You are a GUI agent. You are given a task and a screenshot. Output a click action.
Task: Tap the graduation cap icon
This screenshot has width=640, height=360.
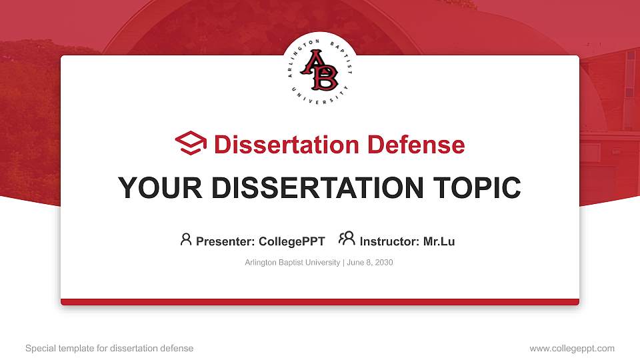(191, 143)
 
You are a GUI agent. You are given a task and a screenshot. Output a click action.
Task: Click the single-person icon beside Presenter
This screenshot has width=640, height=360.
(186, 239)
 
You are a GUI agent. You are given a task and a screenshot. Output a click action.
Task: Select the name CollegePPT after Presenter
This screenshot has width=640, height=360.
(291, 241)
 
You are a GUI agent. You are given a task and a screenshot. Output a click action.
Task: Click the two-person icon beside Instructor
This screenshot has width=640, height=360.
(347, 239)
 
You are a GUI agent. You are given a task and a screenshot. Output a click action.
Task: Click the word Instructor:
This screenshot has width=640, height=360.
(389, 241)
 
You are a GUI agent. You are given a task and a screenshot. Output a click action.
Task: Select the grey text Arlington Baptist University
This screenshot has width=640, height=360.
(293, 263)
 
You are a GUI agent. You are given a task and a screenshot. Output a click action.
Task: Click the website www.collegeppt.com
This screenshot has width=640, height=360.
(571, 348)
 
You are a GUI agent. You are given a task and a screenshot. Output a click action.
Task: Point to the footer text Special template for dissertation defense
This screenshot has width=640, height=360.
(109, 348)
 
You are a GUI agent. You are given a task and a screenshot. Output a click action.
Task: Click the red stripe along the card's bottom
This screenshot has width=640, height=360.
(319, 302)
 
